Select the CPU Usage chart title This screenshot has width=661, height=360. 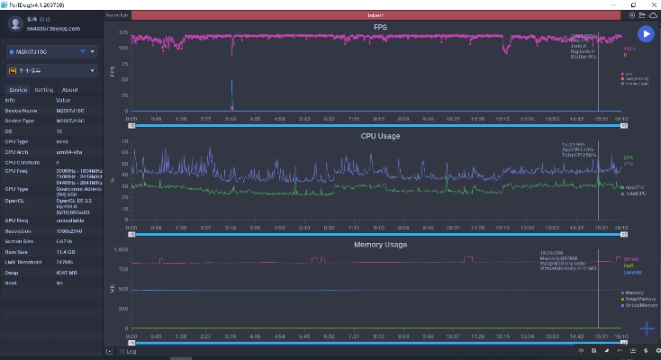point(381,136)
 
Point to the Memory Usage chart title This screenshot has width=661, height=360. point(381,244)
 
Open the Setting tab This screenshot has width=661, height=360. point(43,90)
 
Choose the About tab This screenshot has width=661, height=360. point(69,90)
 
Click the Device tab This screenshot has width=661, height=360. point(18,90)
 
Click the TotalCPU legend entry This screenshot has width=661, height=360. point(635,193)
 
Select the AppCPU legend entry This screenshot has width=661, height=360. point(635,187)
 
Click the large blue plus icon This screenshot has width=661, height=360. point(647,328)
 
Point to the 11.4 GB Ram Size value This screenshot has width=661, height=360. point(66,251)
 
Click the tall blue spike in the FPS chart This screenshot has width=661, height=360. point(231,94)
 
